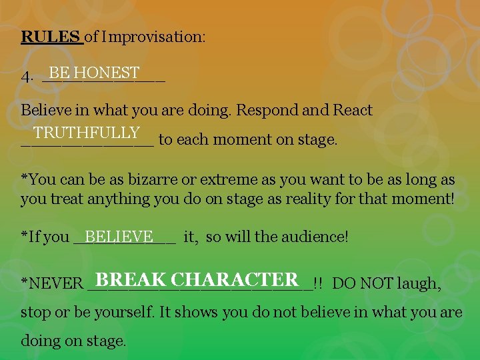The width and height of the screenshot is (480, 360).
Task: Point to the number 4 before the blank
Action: (26, 76)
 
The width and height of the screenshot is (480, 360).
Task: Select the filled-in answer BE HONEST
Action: (94, 72)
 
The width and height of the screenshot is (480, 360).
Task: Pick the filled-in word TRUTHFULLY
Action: (87, 133)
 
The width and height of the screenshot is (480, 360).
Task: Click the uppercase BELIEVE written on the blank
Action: (119, 237)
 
